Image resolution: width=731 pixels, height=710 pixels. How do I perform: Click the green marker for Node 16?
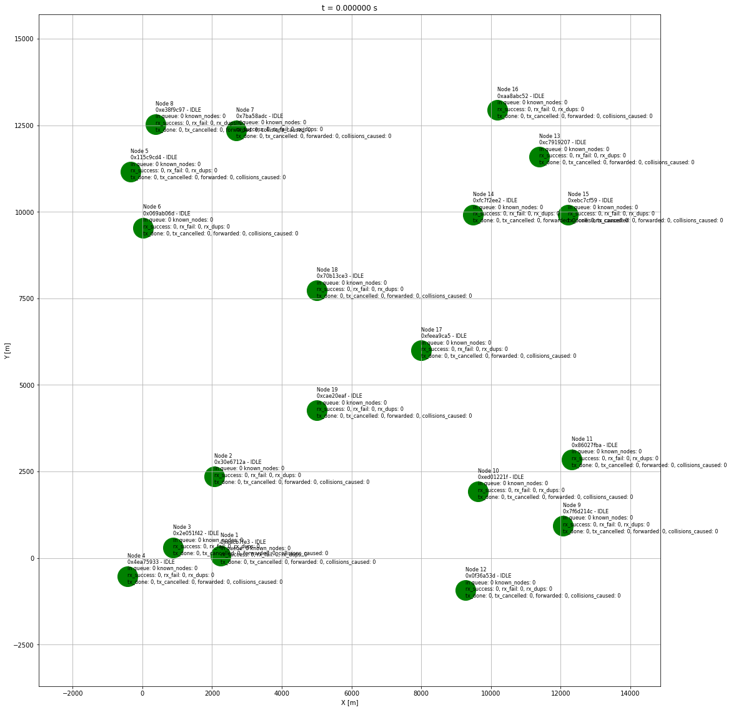[497, 111]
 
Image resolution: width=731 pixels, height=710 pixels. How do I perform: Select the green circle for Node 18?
[317, 290]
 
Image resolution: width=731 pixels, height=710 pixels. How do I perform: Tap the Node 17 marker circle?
[421, 350]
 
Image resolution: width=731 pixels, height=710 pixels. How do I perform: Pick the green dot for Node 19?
[317, 410]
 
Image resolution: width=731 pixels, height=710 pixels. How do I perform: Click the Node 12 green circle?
[465, 590]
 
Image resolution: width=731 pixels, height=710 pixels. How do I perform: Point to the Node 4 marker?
[127, 576]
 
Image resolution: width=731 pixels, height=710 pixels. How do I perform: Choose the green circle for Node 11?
[572, 460]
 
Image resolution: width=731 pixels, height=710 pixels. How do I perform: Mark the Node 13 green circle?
[539, 156]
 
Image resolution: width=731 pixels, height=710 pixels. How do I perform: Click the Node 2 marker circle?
[214, 476]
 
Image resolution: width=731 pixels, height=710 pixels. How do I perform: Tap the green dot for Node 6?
[143, 228]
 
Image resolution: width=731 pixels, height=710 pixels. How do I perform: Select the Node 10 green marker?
[478, 491]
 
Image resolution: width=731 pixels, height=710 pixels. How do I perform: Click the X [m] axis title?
[349, 703]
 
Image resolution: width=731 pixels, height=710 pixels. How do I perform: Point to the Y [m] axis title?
[7, 350]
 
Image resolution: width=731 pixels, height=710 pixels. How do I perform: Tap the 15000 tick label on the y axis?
[22, 39]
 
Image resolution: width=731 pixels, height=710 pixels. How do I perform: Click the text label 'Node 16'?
[508, 90]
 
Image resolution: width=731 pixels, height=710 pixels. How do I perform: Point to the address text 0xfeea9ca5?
[435, 336]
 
